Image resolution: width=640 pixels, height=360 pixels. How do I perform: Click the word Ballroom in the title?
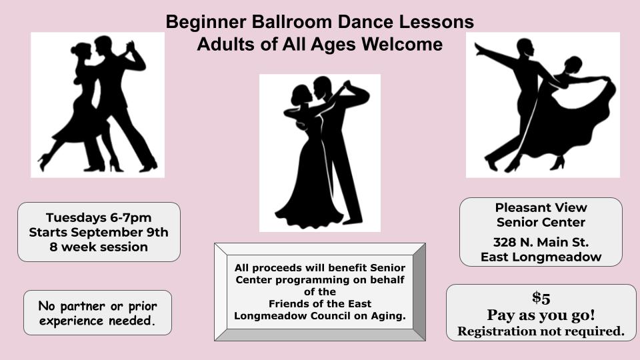click(291, 21)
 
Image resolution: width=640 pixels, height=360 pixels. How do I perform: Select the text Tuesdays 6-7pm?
click(99, 217)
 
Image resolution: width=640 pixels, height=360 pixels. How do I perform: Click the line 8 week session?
click(99, 247)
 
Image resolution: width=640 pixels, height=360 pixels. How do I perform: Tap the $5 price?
click(541, 298)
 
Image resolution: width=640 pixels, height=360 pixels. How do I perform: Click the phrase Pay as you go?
click(541, 315)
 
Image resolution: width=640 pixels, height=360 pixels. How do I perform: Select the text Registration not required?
click(541, 331)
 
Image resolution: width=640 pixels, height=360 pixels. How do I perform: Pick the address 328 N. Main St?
click(541, 243)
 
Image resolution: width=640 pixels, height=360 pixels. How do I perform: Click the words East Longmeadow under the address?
click(541, 257)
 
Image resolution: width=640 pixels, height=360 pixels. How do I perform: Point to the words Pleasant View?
click(541, 207)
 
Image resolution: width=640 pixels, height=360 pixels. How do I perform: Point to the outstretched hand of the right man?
click(479, 49)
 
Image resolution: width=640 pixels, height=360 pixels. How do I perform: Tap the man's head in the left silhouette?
click(103, 46)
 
